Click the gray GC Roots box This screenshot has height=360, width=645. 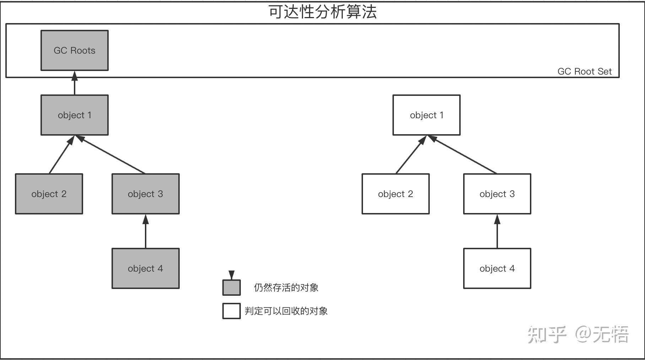coord(75,50)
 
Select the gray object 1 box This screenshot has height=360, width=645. coord(75,115)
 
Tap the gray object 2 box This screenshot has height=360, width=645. coord(49,194)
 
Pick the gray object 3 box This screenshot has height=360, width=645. coord(146,194)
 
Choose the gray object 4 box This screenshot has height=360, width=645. coord(146,268)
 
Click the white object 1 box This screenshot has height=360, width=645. coord(427,115)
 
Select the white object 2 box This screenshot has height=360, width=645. coord(396,194)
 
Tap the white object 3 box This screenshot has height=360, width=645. coord(497,194)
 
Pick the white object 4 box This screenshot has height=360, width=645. coord(497,268)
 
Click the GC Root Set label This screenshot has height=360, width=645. coord(585,71)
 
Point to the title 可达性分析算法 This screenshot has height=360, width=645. coord(322,12)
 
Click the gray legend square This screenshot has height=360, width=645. coord(232,288)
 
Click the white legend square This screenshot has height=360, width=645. coord(232,311)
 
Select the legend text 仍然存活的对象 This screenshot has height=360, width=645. coord(286,288)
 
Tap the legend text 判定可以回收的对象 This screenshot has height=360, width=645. coord(286,311)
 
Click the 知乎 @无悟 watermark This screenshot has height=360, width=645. coord(578,334)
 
